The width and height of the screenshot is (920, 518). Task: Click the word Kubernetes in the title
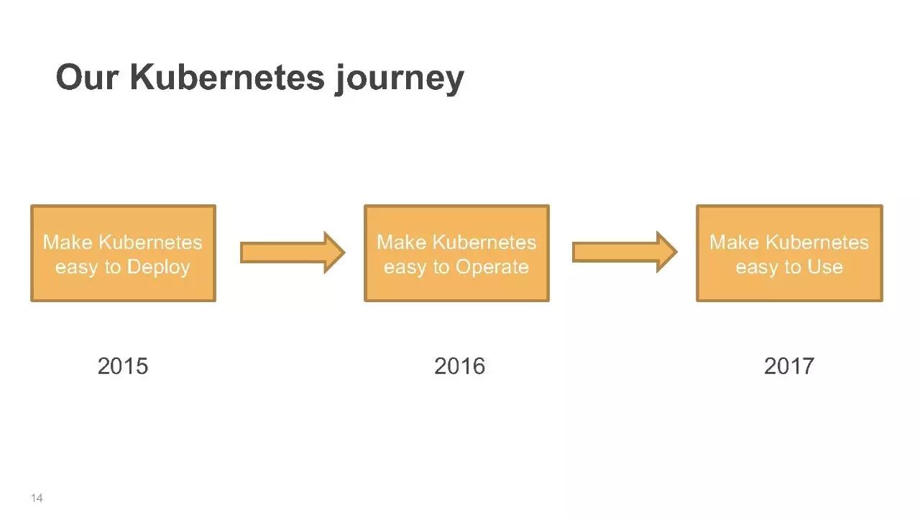point(228,78)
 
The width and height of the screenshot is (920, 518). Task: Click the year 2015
point(123,366)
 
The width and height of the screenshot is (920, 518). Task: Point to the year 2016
point(459,366)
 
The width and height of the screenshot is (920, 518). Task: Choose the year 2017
point(788,366)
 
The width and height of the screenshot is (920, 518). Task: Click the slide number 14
point(37,498)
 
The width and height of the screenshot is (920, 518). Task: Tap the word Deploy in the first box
point(158,268)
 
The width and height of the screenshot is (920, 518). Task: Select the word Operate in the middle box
point(492,268)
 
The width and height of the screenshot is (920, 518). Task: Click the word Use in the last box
point(825,268)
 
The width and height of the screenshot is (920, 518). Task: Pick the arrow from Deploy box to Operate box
point(292,253)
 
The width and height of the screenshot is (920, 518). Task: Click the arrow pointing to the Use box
point(624,253)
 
